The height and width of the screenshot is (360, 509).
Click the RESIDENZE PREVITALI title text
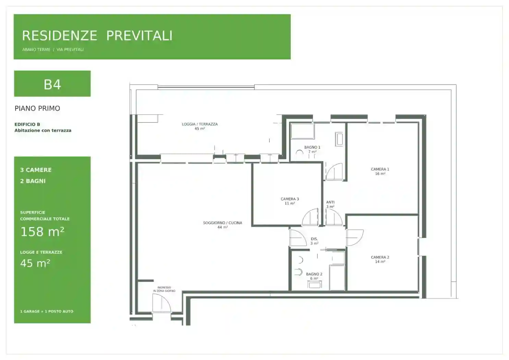click(97, 36)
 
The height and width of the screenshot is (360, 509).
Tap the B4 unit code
click(52, 85)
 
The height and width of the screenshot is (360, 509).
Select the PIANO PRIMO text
click(37, 108)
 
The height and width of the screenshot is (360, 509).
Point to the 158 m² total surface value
click(43, 231)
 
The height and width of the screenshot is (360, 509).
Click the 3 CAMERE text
click(36, 170)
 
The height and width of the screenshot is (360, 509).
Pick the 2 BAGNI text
click(33, 181)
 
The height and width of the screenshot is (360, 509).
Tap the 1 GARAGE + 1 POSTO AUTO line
click(47, 311)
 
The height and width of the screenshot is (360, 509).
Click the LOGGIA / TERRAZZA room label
click(200, 124)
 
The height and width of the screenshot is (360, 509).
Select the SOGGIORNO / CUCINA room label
click(222, 223)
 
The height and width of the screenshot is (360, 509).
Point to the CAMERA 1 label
click(380, 169)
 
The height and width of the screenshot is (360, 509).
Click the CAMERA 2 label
click(380, 257)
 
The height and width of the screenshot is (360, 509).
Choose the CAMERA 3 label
click(290, 199)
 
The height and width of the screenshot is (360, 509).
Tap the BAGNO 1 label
click(312, 147)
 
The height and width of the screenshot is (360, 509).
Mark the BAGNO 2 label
click(314, 274)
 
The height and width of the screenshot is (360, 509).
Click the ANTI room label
click(330, 202)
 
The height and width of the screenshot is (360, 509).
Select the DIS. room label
click(314, 239)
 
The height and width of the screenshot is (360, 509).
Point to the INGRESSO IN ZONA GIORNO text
click(164, 289)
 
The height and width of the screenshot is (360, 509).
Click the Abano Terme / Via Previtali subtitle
click(53, 50)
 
